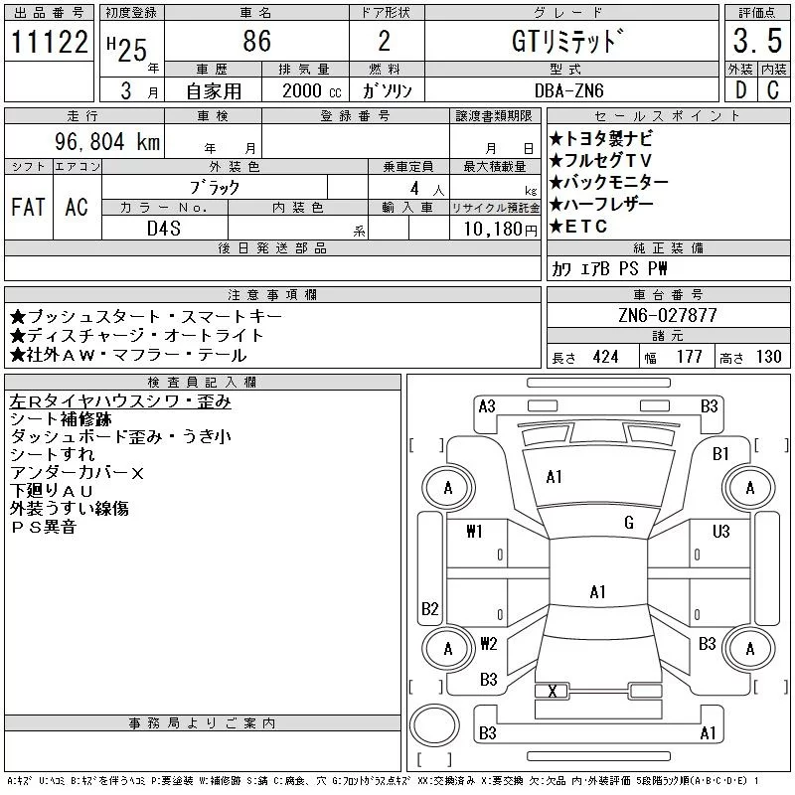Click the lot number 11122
click(x=48, y=43)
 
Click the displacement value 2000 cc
click(x=303, y=90)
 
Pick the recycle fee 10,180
click(x=492, y=228)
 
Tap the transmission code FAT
click(x=27, y=207)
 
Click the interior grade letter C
click(x=772, y=90)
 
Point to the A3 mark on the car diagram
click(x=487, y=405)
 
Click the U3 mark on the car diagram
click(x=721, y=532)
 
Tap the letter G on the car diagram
click(x=629, y=523)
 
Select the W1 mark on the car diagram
click(x=474, y=532)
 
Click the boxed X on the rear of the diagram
click(x=552, y=692)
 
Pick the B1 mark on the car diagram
click(x=721, y=454)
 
